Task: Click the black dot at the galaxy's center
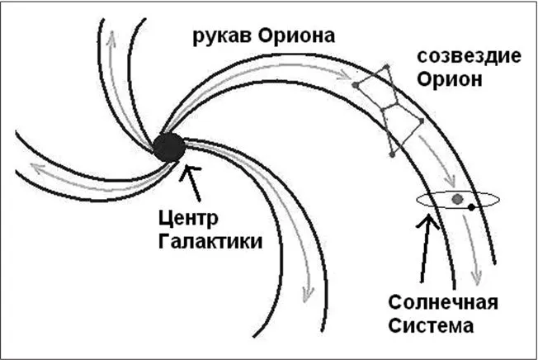169,147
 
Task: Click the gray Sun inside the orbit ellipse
457,198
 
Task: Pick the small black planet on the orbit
471,207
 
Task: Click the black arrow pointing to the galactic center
193,177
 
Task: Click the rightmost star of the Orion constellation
421,121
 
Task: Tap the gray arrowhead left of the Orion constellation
340,76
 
